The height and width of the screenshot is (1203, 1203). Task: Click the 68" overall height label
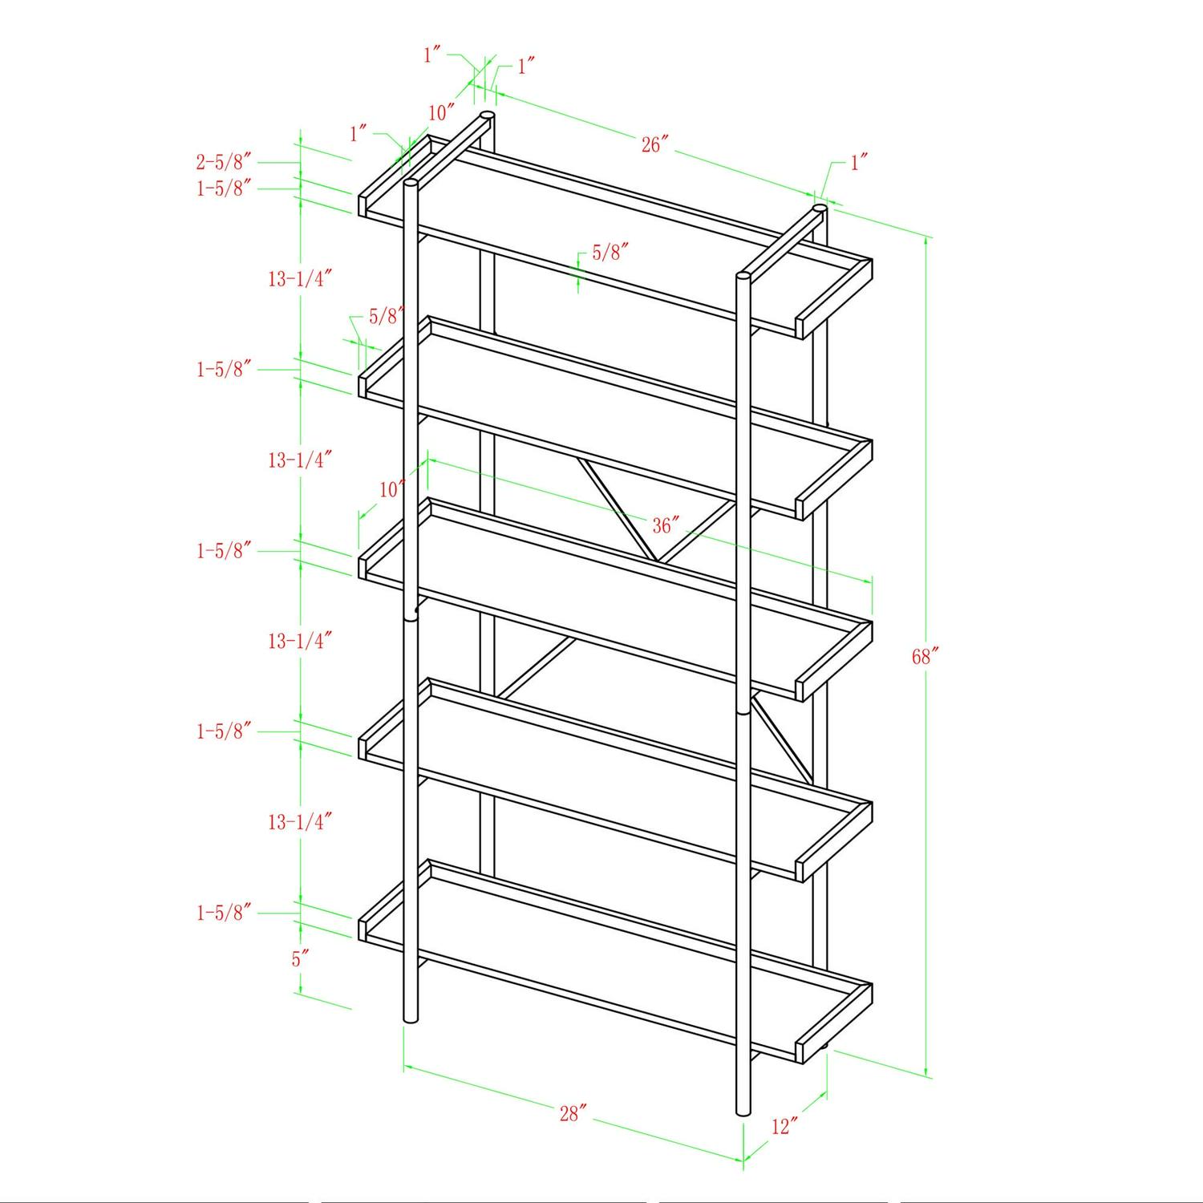(925, 657)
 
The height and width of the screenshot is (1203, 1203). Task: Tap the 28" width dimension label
(573, 1113)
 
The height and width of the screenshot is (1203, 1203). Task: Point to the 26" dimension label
(655, 144)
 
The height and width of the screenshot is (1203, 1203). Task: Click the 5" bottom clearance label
(300, 958)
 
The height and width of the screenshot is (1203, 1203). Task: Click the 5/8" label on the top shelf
(610, 253)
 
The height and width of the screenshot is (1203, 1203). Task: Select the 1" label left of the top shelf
(358, 134)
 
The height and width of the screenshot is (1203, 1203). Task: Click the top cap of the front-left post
(411, 184)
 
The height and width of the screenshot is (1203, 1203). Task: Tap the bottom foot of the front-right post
(743, 1110)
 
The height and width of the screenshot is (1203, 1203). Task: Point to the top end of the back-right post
(820, 209)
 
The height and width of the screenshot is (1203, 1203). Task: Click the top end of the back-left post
(487, 118)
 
